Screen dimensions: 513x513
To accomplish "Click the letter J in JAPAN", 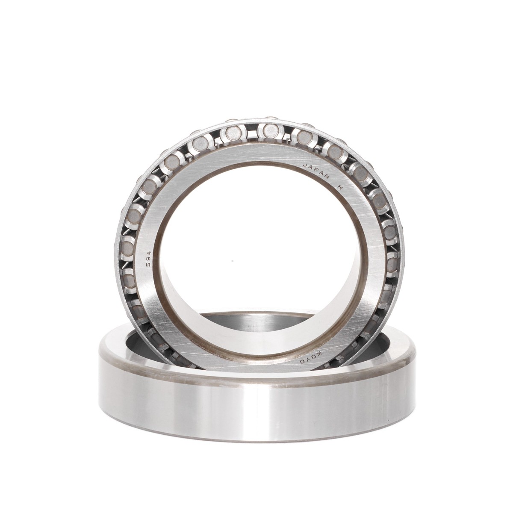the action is coord(304,165).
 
